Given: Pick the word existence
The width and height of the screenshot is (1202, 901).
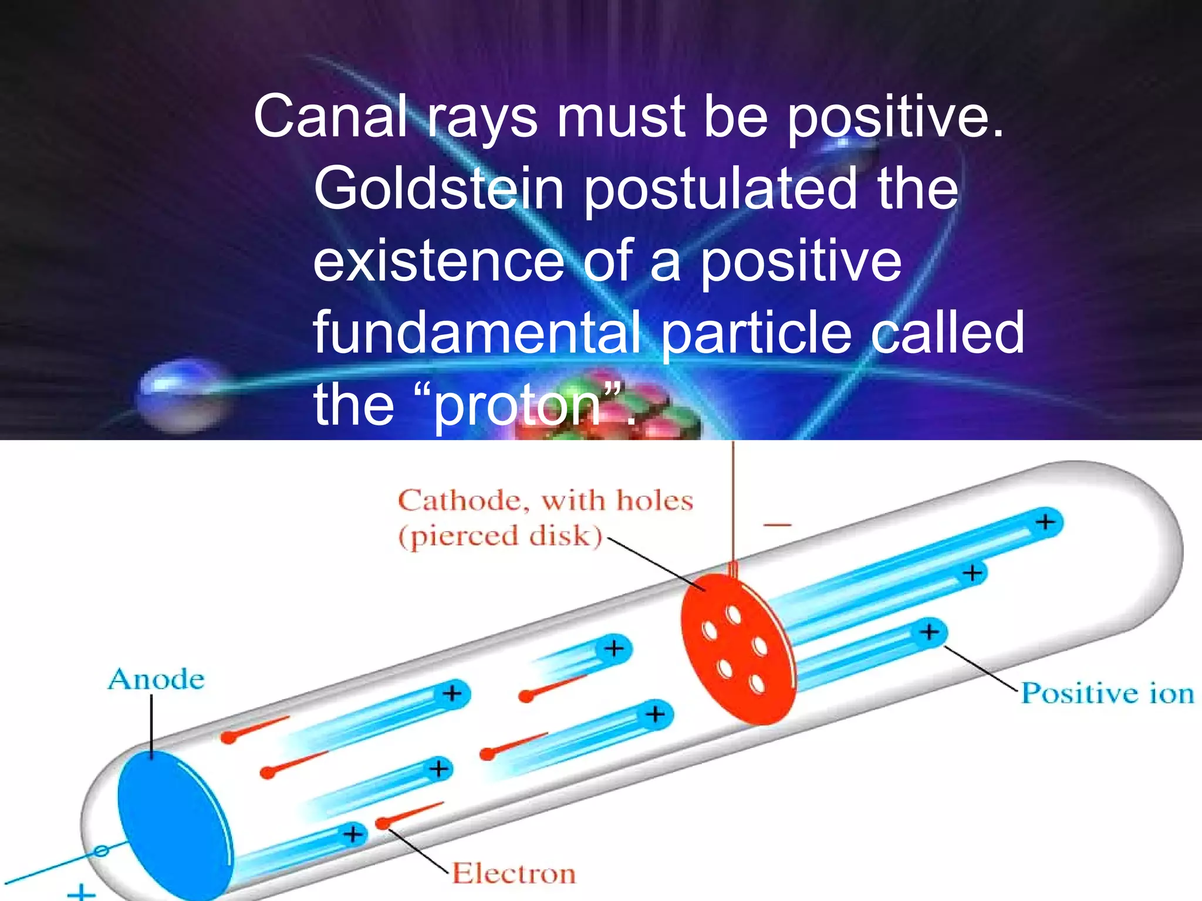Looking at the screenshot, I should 438,261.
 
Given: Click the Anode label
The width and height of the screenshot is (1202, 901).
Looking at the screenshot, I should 156,679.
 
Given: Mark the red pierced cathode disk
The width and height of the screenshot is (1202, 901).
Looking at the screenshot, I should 737,648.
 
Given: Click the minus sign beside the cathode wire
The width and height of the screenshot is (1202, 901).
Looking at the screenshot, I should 778,524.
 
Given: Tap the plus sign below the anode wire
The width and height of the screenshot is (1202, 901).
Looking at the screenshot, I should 81,892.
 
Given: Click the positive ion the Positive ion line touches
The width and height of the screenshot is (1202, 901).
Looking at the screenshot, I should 930,633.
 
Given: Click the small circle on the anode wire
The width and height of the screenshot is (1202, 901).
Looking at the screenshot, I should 102,850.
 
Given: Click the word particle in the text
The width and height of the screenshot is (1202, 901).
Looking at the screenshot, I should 757,333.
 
